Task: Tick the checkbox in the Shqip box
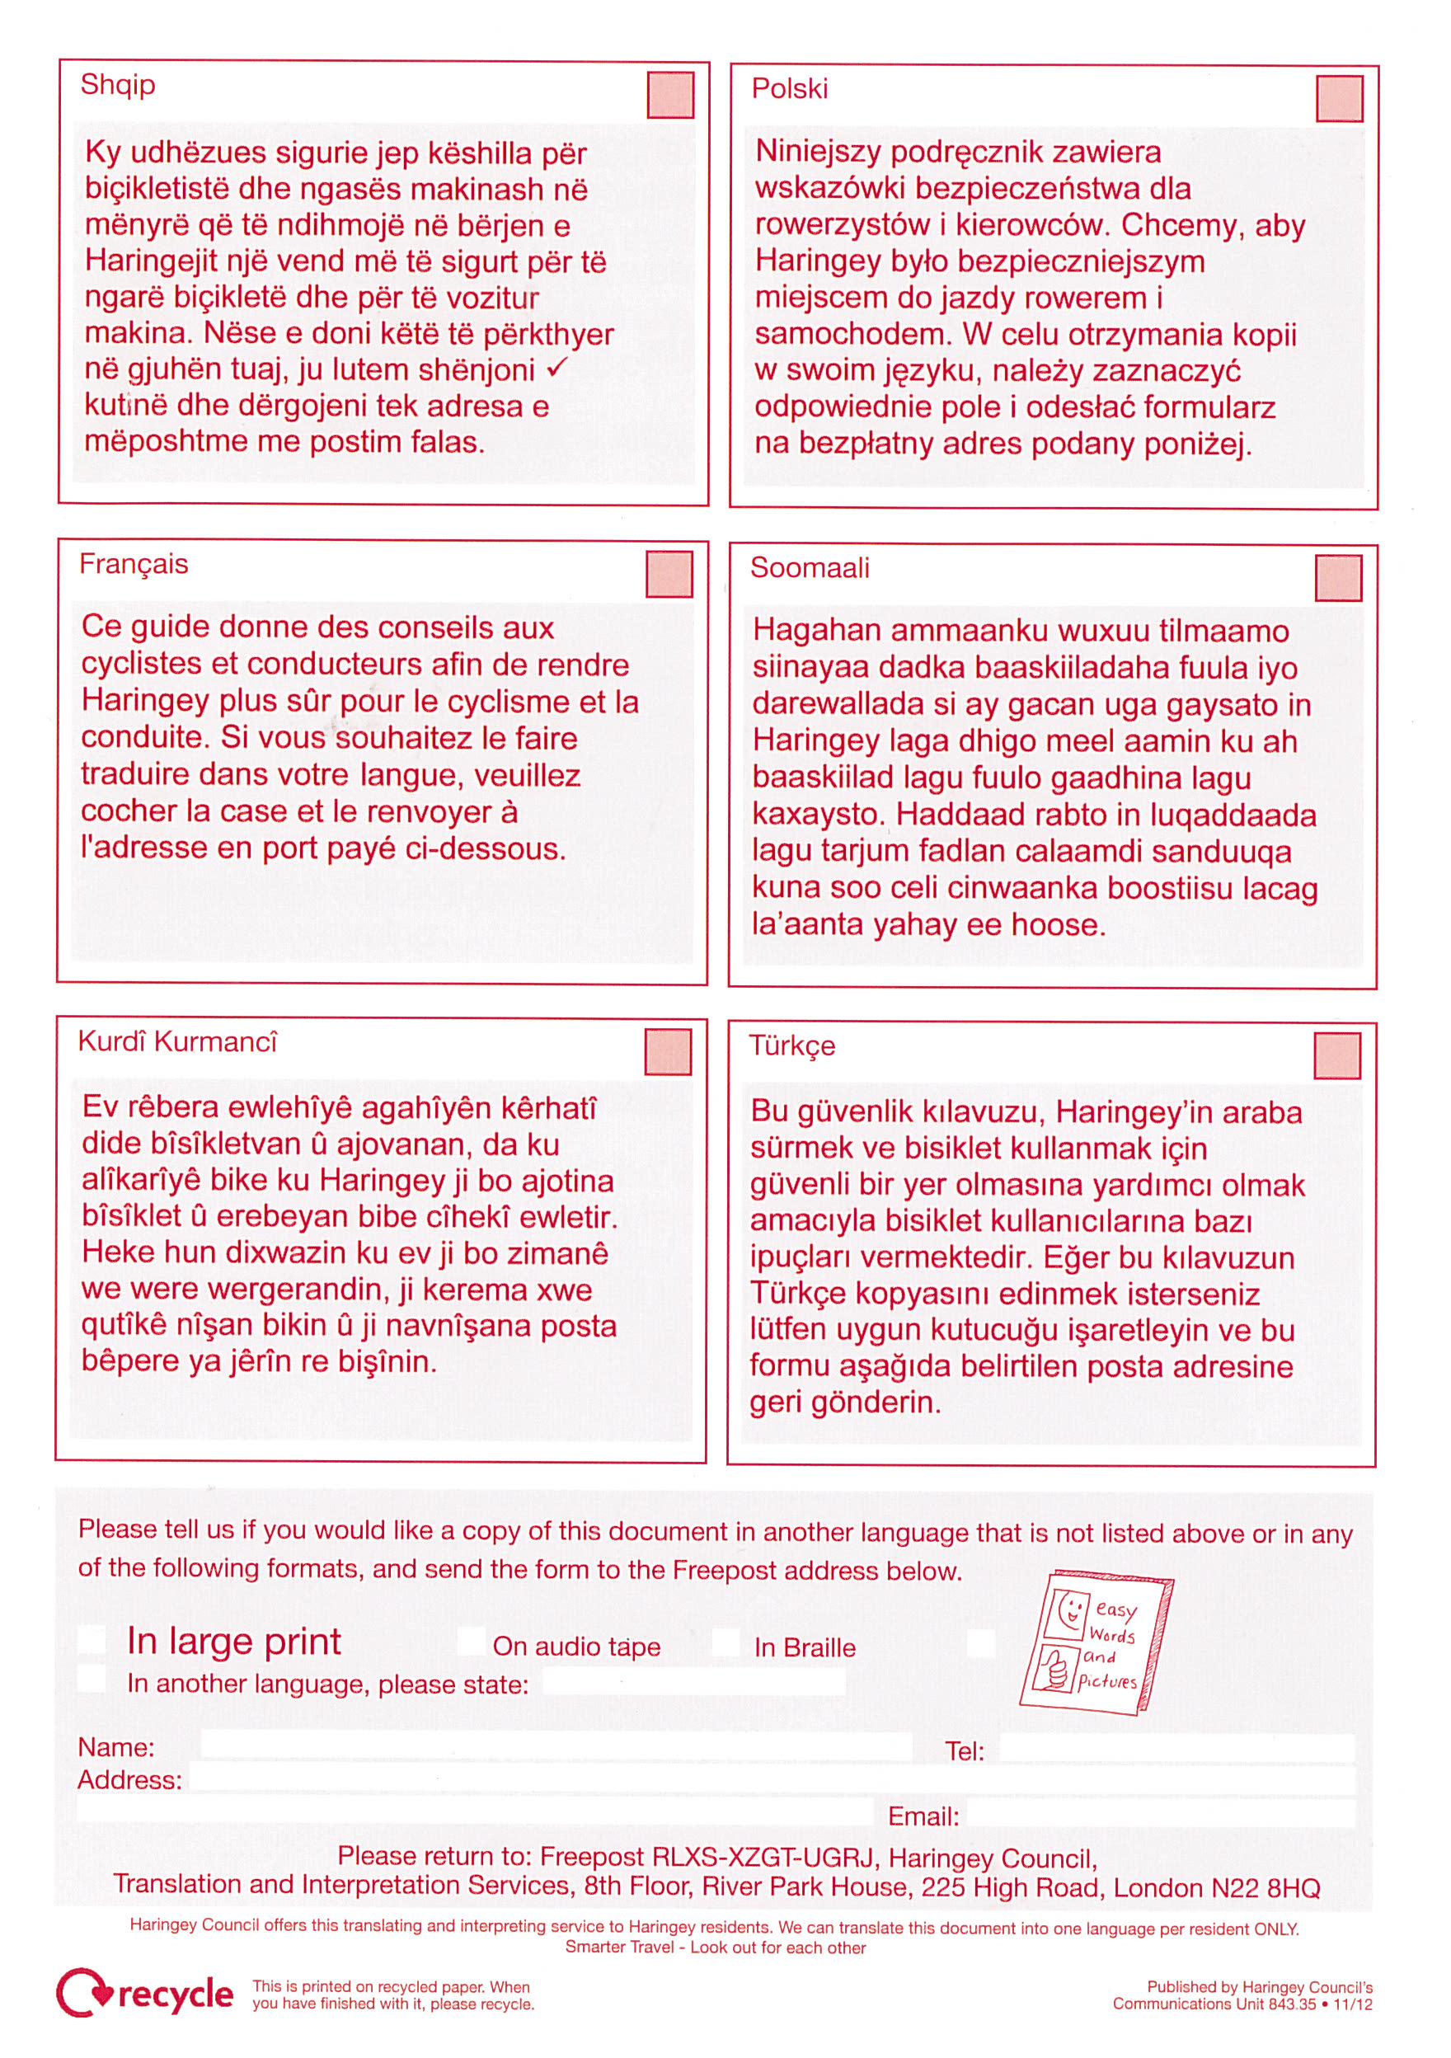click(x=670, y=95)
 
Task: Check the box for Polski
click(x=1339, y=99)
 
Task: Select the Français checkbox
click(x=669, y=575)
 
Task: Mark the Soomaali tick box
click(x=1338, y=578)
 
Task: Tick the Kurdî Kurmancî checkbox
click(x=668, y=1051)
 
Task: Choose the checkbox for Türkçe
click(x=1337, y=1056)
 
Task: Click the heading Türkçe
click(x=792, y=1046)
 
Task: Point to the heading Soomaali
click(x=810, y=567)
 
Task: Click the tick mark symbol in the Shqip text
click(x=556, y=368)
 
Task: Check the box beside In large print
click(x=92, y=1640)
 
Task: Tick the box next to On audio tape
click(x=472, y=1641)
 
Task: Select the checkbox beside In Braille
click(x=727, y=1642)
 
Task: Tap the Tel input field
click(x=1176, y=1749)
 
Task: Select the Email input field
click(x=1161, y=1815)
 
